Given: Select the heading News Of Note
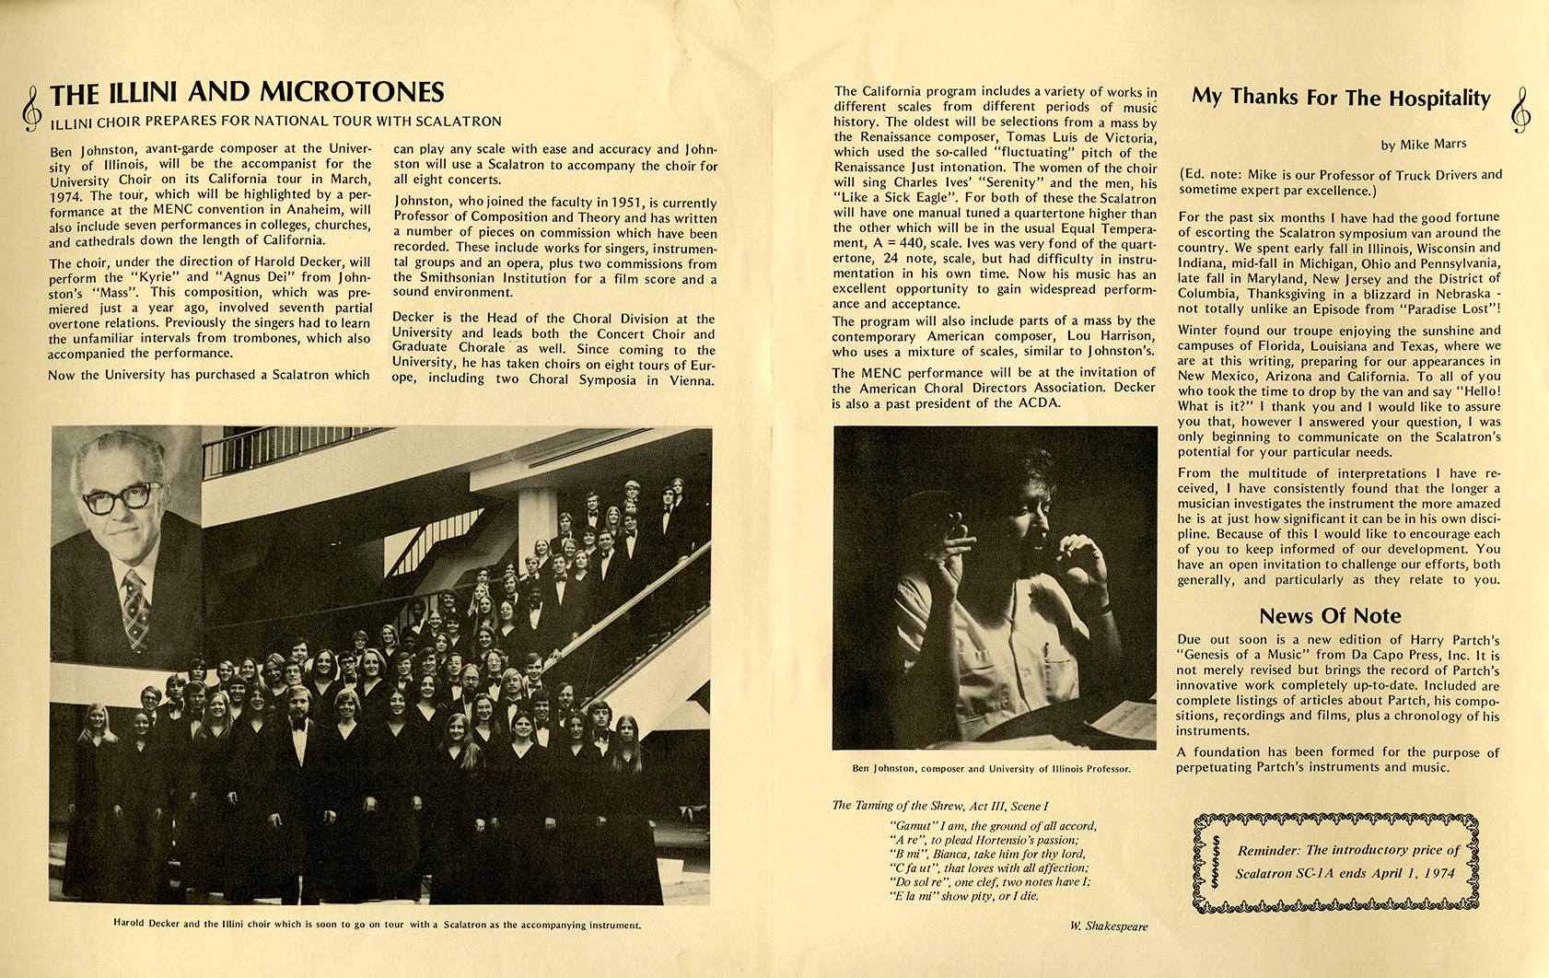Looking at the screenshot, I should click(x=1329, y=616).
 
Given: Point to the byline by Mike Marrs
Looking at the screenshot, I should click(x=1424, y=145).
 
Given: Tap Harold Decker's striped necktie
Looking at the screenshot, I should click(x=135, y=608).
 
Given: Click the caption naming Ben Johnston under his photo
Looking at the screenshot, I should click(x=991, y=768).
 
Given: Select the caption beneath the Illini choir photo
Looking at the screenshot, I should click(x=377, y=924).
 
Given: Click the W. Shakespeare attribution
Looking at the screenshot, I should click(x=1109, y=926).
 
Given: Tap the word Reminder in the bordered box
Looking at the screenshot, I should click(x=1268, y=850).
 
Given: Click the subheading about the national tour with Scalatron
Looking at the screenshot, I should click(x=276, y=121).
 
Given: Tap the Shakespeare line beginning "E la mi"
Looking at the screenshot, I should click(x=964, y=895).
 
